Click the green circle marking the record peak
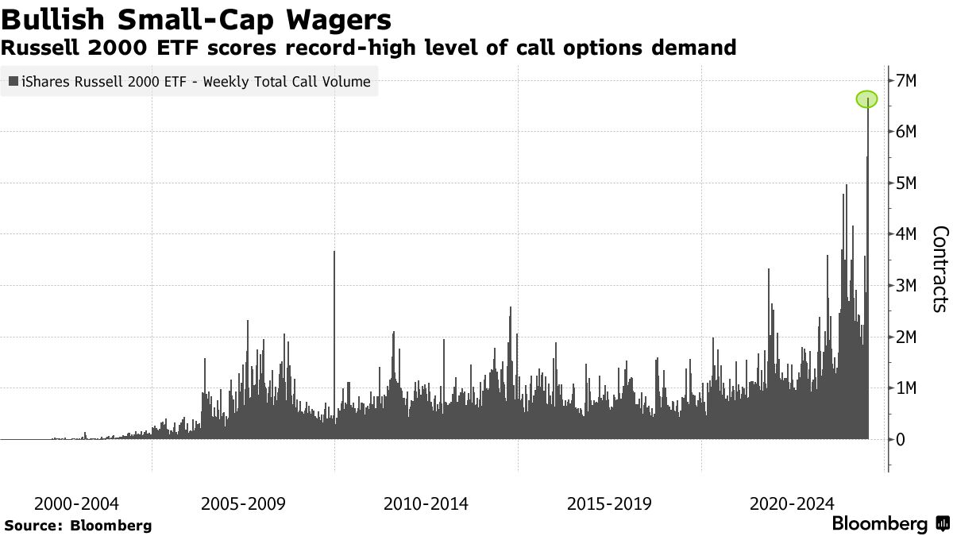pyautogui.click(x=866, y=99)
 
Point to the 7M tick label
pyautogui.click(x=906, y=81)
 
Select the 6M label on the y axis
pyautogui.click(x=906, y=132)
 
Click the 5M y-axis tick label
pyautogui.click(x=906, y=183)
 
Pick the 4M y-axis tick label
pyautogui.click(x=906, y=234)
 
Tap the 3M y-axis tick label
pyautogui.click(x=906, y=286)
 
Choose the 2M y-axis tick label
pyautogui.click(x=906, y=337)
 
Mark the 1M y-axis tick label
pyautogui.click(x=906, y=388)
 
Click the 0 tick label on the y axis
pyautogui.click(x=901, y=439)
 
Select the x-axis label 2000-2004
pyautogui.click(x=77, y=504)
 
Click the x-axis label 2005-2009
pyautogui.click(x=243, y=504)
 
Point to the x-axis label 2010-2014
pyautogui.click(x=426, y=504)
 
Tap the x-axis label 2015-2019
pyautogui.click(x=609, y=504)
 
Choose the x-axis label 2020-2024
pyautogui.click(x=793, y=504)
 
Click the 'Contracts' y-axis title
pyautogui.click(x=939, y=269)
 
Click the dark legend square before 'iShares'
pyautogui.click(x=13, y=82)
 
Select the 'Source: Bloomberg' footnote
pyautogui.click(x=78, y=526)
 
